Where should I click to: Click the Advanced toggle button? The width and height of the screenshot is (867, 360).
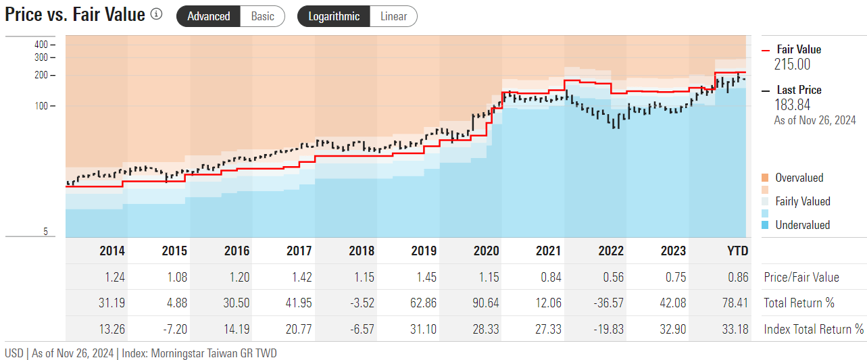208,16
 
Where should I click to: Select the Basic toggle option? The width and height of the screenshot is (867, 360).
262,16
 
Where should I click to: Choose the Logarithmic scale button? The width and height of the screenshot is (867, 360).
334,16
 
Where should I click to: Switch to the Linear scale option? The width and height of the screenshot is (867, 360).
393,16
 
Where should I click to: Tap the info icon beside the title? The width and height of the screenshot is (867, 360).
157,14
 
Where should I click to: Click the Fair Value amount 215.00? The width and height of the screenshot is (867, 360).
792,65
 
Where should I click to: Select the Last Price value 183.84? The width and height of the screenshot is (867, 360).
792,105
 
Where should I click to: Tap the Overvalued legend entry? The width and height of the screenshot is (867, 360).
799,178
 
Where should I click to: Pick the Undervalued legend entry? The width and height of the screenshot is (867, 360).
802,225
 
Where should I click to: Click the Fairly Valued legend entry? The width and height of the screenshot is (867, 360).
802,201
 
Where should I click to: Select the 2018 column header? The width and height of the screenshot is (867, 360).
362,251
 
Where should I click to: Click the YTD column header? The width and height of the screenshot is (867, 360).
737,251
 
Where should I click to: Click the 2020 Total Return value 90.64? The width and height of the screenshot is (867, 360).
486,303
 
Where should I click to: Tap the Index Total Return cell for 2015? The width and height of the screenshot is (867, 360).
174,329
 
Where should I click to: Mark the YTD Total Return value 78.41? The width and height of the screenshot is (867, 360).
735,303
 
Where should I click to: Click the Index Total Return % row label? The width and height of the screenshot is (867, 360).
814,329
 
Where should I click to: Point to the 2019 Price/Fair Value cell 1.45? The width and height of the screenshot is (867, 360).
424,277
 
